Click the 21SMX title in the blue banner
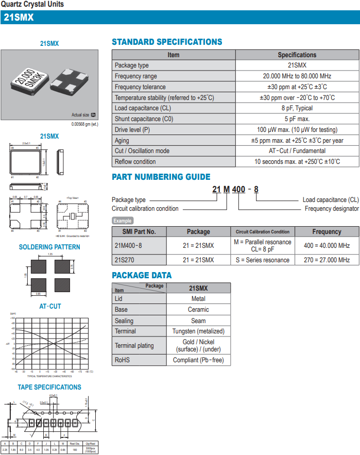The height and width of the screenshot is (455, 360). (19, 18)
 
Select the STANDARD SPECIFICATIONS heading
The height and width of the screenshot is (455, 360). (167, 42)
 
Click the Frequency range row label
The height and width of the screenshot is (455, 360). (136, 76)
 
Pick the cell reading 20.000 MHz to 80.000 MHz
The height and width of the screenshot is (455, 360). (297, 76)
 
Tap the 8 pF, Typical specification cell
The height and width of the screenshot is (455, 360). (297, 108)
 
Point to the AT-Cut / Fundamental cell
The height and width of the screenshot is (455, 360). (297, 151)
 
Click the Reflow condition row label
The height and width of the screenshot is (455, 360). (135, 162)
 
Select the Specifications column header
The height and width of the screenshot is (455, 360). (297, 55)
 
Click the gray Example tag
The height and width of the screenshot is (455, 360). (123, 221)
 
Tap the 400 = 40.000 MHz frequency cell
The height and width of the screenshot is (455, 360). (327, 245)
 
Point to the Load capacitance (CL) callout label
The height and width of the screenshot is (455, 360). (330, 200)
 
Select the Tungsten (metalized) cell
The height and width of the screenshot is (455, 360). (198, 331)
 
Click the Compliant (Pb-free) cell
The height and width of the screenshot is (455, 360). (198, 360)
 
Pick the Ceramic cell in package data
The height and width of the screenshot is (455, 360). (198, 310)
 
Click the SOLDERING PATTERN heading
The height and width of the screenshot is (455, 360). (49, 247)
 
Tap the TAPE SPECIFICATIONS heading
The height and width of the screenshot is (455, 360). (49, 387)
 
